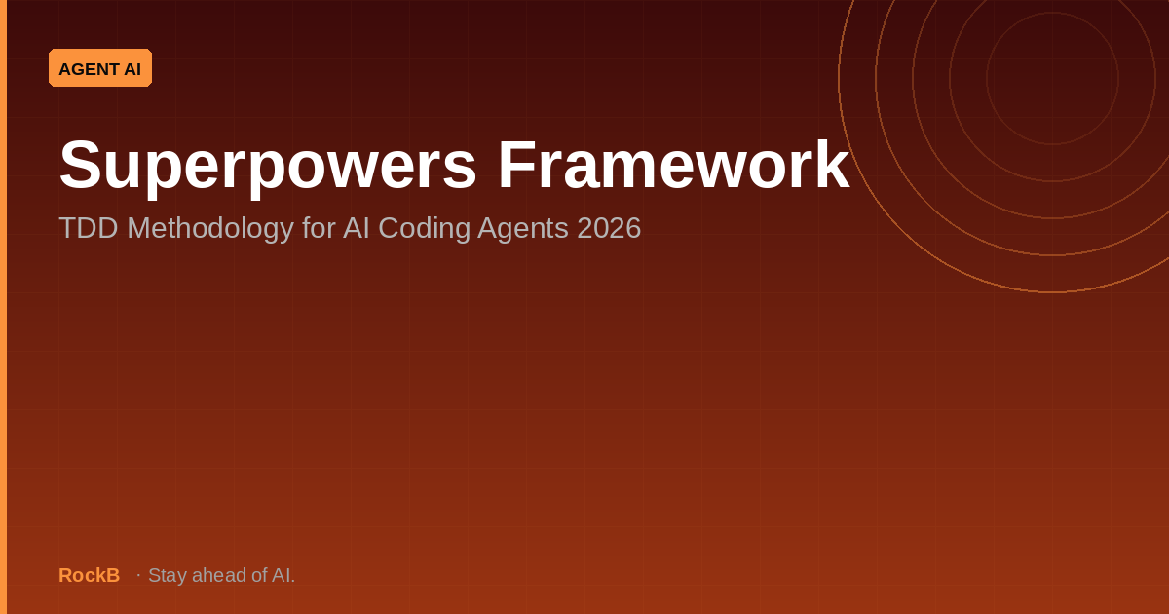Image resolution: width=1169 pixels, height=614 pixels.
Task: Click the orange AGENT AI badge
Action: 100,68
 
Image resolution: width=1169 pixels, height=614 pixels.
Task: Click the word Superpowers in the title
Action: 268,166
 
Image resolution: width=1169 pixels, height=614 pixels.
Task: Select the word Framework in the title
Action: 674,164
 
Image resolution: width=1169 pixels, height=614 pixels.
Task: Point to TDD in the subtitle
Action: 89,228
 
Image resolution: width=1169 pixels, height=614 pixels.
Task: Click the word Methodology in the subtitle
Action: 210,229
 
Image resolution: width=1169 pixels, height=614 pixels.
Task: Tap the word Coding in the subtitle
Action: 424,229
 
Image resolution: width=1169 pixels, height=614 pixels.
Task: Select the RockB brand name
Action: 90,575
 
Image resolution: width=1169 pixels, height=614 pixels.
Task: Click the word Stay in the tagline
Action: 168,576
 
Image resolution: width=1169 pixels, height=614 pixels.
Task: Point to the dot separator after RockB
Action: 138,575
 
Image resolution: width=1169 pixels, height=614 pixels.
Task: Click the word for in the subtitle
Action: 319,228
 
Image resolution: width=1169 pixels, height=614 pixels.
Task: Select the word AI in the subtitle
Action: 357,228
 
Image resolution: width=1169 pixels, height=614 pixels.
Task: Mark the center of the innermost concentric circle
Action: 1052,78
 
